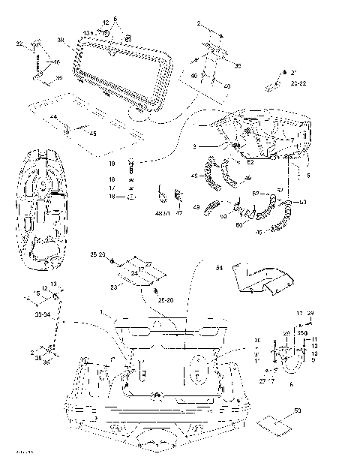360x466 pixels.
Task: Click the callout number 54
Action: point(219,267)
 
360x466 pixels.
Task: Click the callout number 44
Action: point(53,118)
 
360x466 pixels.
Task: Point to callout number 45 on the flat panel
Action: point(92,134)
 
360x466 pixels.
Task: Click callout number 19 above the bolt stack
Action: point(111,163)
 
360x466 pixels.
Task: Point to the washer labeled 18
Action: point(131,197)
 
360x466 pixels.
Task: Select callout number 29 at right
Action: point(310,313)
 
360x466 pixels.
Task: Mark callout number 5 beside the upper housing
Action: point(308,176)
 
